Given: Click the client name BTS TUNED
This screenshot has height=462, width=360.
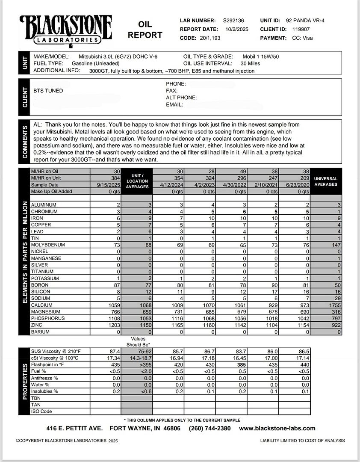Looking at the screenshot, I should click(48, 91).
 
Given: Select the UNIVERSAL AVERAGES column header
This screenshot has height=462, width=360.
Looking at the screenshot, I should click(326, 181).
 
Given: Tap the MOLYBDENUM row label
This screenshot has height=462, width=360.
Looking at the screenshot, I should click(48, 245).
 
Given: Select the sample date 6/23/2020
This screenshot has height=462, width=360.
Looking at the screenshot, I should click(295, 185).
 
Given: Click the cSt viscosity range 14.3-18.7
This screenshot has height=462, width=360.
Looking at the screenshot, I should click(137, 358).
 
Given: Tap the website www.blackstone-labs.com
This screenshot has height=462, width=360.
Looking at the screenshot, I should click(277, 428).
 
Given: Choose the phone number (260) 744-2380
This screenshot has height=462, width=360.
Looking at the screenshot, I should click(210, 428).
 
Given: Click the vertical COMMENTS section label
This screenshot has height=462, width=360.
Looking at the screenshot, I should click(24, 141).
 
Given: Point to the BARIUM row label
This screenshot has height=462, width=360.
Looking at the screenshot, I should click(41, 332).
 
